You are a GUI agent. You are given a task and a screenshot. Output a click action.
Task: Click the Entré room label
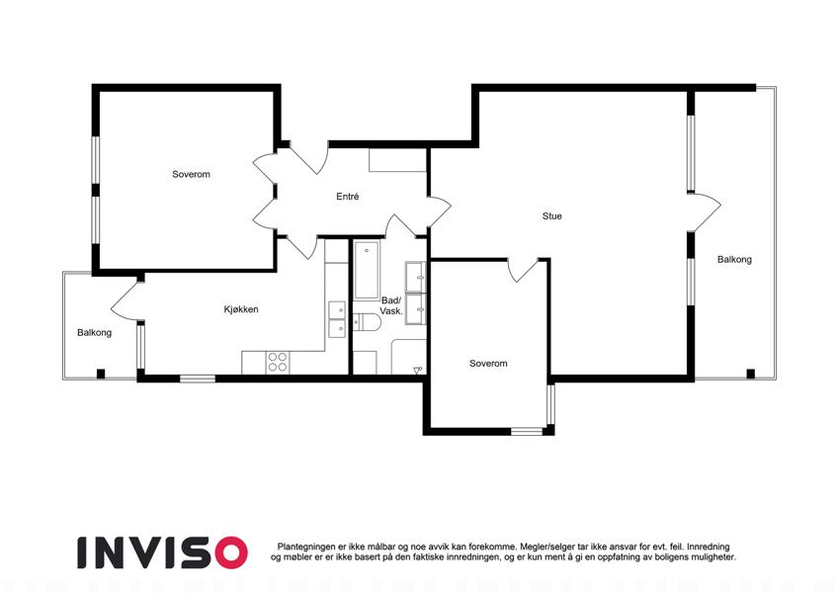click(347, 197)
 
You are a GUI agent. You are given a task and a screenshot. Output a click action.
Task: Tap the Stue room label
click(551, 216)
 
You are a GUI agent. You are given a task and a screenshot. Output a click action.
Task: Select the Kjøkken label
click(241, 309)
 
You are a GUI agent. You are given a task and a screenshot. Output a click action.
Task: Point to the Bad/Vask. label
click(391, 305)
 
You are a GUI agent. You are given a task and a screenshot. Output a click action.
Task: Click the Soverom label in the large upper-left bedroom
click(191, 175)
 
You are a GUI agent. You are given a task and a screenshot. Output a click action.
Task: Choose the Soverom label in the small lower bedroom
click(488, 364)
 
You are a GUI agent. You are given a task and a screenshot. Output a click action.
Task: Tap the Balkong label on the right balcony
click(734, 260)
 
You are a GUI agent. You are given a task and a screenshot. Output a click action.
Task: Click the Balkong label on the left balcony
click(94, 333)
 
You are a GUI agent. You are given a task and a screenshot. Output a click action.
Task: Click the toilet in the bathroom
click(367, 322)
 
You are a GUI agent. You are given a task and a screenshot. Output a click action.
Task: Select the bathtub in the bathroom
click(367, 270)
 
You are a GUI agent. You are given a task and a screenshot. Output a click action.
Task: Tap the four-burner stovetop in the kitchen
click(278, 363)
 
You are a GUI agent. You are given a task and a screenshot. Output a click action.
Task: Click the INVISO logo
click(163, 552)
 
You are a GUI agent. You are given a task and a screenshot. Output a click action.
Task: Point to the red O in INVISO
click(231, 552)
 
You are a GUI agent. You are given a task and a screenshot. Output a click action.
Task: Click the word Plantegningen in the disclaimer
click(306, 547)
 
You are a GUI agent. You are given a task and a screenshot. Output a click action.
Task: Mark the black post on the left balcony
click(101, 374)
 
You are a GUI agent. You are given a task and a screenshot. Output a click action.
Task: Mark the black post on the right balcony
click(751, 374)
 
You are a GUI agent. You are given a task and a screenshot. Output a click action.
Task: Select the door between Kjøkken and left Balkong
click(125, 301)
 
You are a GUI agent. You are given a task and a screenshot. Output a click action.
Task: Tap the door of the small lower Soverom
click(523, 271)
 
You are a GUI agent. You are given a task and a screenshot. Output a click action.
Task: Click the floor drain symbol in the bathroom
click(418, 370)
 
